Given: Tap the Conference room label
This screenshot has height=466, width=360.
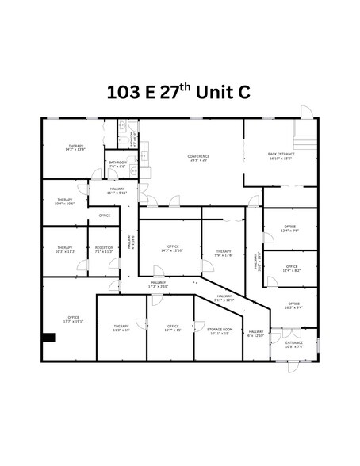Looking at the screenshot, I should [x=198, y=159].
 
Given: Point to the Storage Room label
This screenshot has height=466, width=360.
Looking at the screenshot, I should [x=220, y=330].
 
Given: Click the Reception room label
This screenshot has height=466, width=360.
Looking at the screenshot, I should [x=104, y=250].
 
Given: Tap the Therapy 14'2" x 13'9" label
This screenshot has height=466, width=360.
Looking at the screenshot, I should [x=76, y=148].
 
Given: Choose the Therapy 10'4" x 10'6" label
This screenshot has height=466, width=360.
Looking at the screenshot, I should [x=65, y=202].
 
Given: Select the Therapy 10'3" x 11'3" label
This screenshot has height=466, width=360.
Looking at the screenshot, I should [x=65, y=250].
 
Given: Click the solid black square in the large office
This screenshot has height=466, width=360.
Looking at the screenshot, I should [x=48, y=338].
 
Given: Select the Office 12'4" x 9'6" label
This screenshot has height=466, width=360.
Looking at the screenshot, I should [x=290, y=229].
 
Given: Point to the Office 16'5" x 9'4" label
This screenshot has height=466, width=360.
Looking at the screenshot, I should [x=293, y=305].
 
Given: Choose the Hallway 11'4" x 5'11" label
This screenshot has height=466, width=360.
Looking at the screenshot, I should [x=105, y=190].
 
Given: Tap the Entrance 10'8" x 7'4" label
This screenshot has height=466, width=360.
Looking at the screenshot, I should [x=294, y=345].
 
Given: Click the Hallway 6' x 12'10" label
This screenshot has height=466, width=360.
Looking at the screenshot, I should [x=256, y=334].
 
